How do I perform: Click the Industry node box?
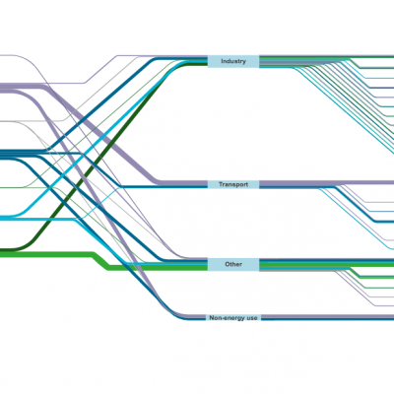click(233, 61)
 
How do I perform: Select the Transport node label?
click(233, 184)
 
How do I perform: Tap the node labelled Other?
click(233, 265)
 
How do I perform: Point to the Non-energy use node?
click(233, 318)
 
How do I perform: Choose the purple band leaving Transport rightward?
click(327, 182)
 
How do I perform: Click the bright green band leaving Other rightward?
click(327, 264)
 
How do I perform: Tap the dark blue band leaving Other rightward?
click(327, 260)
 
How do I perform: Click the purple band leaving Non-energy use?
click(328, 316)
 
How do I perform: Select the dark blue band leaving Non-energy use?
click(328, 319)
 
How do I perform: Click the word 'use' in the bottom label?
click(251, 318)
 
